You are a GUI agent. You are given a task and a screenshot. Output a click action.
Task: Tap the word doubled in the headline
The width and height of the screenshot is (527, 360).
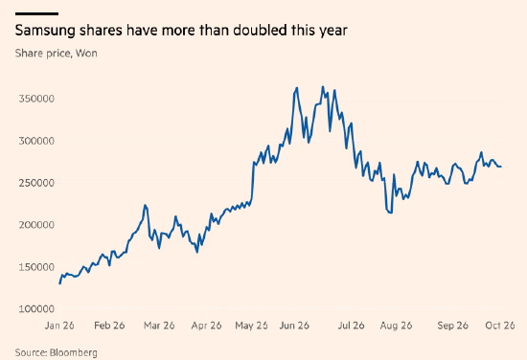pyautogui.click(x=261, y=30)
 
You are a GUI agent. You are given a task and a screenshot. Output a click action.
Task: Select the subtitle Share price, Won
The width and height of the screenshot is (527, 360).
pyautogui.click(x=57, y=54)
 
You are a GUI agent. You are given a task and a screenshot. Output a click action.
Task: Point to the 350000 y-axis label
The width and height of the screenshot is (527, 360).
pyautogui.click(x=36, y=99)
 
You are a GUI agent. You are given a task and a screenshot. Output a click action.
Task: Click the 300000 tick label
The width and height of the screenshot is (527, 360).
pyautogui.click(x=36, y=141)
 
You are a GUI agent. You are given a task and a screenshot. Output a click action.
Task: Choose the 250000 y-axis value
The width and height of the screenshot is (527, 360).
pyautogui.click(x=36, y=183)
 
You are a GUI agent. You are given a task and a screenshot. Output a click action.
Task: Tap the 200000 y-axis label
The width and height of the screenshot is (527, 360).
pyautogui.click(x=36, y=225)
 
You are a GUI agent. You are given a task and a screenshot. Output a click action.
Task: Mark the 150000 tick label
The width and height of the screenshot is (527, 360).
pyautogui.click(x=36, y=267)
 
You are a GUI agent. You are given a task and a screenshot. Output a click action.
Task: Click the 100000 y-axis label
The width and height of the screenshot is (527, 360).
pyautogui.click(x=36, y=309)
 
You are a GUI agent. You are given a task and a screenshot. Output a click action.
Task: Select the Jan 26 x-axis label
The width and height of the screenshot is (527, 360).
pyautogui.click(x=59, y=326)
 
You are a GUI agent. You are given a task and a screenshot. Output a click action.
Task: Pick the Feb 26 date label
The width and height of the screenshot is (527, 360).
pyautogui.click(x=109, y=326)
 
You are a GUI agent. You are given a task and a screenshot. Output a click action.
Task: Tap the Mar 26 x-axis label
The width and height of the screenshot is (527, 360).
pyautogui.click(x=159, y=326)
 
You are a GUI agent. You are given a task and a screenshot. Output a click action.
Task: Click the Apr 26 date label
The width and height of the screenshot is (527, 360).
pyautogui.click(x=206, y=326)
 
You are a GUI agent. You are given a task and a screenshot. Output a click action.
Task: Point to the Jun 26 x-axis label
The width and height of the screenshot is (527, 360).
pyautogui.click(x=294, y=326)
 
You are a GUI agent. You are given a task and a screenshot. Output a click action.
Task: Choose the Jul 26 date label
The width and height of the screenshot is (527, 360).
pyautogui.click(x=352, y=326)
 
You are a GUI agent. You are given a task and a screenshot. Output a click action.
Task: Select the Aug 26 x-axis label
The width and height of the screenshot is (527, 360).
pyautogui.click(x=396, y=326)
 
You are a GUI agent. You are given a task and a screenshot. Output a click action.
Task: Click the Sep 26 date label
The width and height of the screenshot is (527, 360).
pyautogui.click(x=452, y=326)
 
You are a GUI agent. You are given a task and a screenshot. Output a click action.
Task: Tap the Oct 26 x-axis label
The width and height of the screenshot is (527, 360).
pyautogui.click(x=500, y=326)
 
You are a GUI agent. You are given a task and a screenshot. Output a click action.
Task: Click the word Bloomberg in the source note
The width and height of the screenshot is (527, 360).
pyautogui.click(x=74, y=353)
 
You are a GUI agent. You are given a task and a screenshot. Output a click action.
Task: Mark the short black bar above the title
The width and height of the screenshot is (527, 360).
pyautogui.click(x=36, y=13)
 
